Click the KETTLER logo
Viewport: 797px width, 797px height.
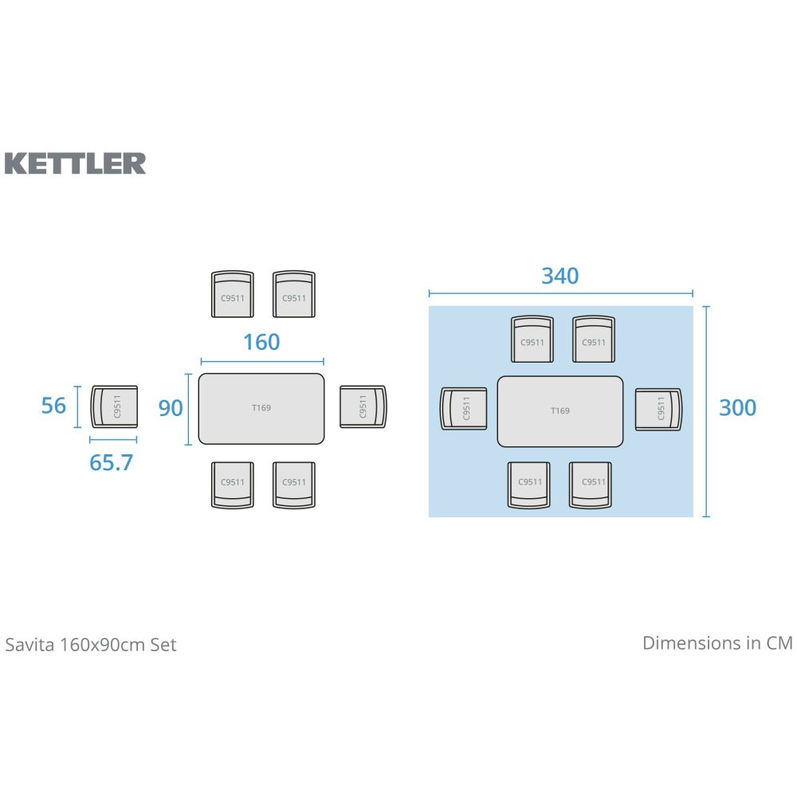pos(76,163)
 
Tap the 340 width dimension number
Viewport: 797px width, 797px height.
pos(559,276)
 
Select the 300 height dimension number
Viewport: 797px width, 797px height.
pos(737,407)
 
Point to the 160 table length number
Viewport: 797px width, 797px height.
pos(261,342)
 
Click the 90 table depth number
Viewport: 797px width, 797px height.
pos(171,408)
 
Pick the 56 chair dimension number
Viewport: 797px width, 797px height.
pos(53,406)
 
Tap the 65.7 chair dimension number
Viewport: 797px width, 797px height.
pos(111,462)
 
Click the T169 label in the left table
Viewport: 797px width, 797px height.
pos(261,408)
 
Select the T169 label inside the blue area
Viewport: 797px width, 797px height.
pos(560,411)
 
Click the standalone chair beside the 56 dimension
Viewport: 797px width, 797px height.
pos(114,406)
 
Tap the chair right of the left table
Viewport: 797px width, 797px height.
pos(363,406)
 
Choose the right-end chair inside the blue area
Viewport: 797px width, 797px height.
pos(659,410)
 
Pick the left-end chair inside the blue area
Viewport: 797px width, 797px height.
pos(464,409)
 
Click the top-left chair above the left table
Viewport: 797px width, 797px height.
pos(232,294)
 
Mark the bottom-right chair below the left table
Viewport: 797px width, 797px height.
pos(293,485)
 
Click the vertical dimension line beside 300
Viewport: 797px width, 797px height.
pos(706,410)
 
